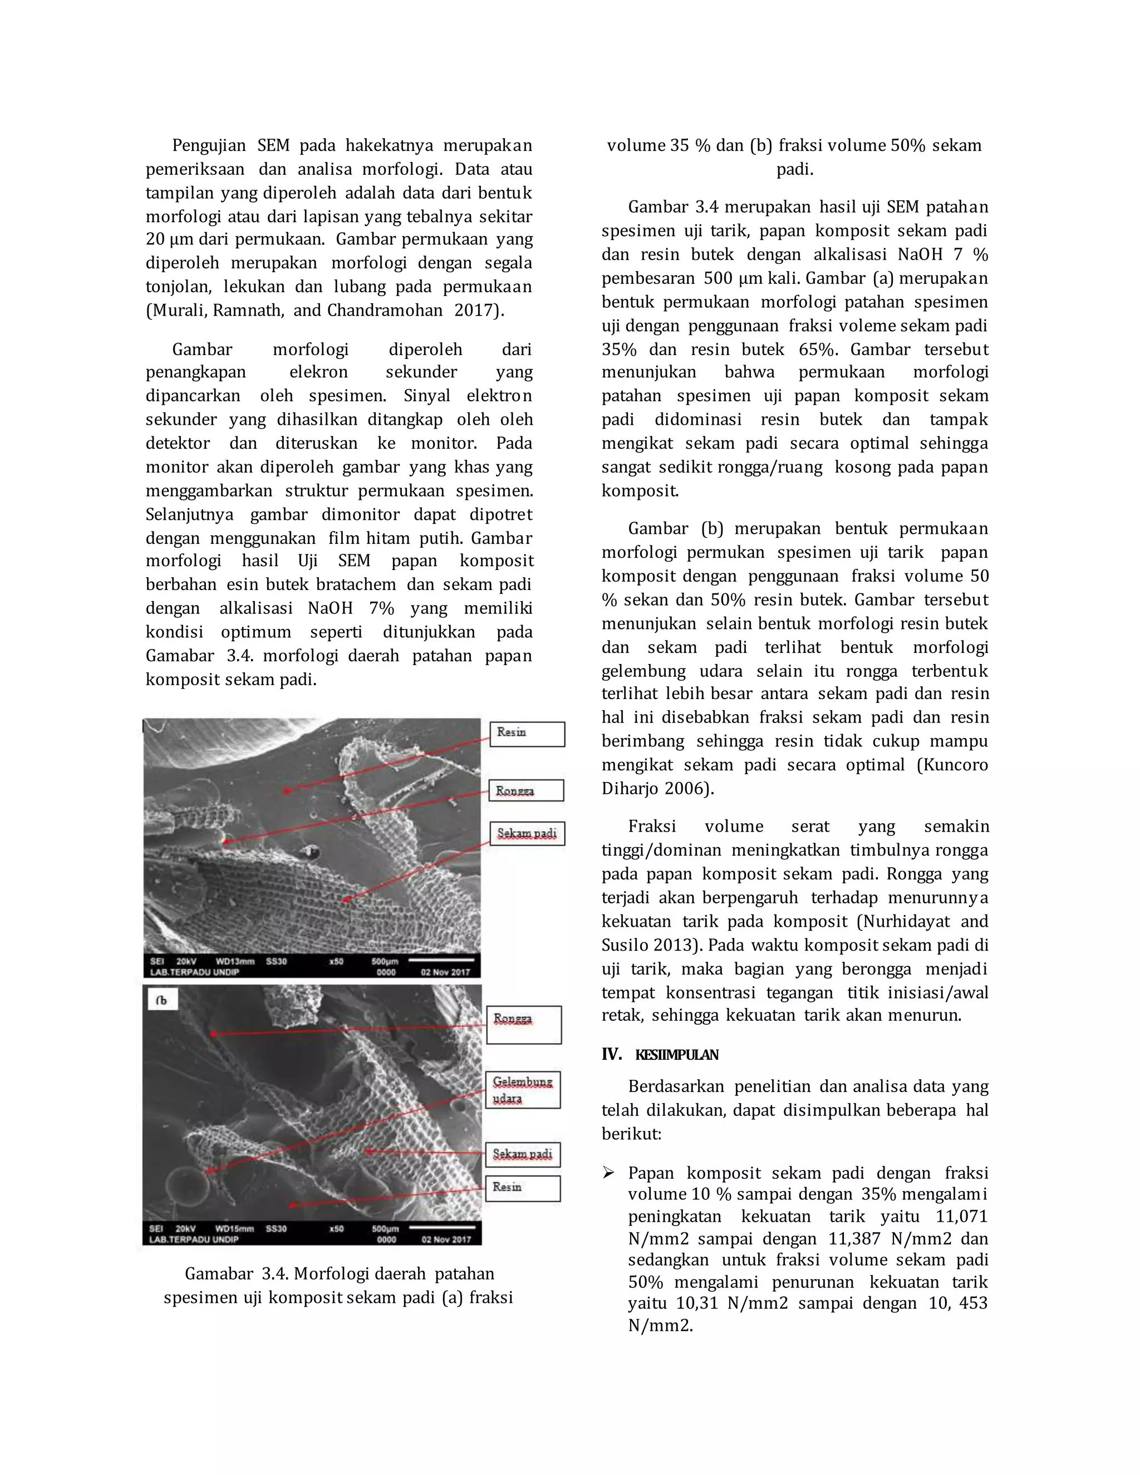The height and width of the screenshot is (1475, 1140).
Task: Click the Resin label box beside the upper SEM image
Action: [x=527, y=734]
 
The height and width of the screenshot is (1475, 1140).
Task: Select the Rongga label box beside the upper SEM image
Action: [x=526, y=791]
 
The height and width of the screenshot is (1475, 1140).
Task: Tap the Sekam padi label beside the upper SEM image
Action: [x=527, y=833]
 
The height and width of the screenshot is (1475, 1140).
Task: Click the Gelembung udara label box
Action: [x=523, y=1090]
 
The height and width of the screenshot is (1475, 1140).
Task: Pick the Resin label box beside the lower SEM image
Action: [x=523, y=1189]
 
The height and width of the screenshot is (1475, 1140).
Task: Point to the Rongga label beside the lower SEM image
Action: [x=523, y=1025]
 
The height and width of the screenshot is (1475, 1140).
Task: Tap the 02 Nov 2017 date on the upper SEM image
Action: [x=445, y=972]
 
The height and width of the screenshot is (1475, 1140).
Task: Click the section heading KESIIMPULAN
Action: [x=677, y=1055]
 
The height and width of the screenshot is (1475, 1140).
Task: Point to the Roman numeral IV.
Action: [x=611, y=1054]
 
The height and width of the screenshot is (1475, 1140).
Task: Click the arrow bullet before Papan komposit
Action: [x=608, y=1173]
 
